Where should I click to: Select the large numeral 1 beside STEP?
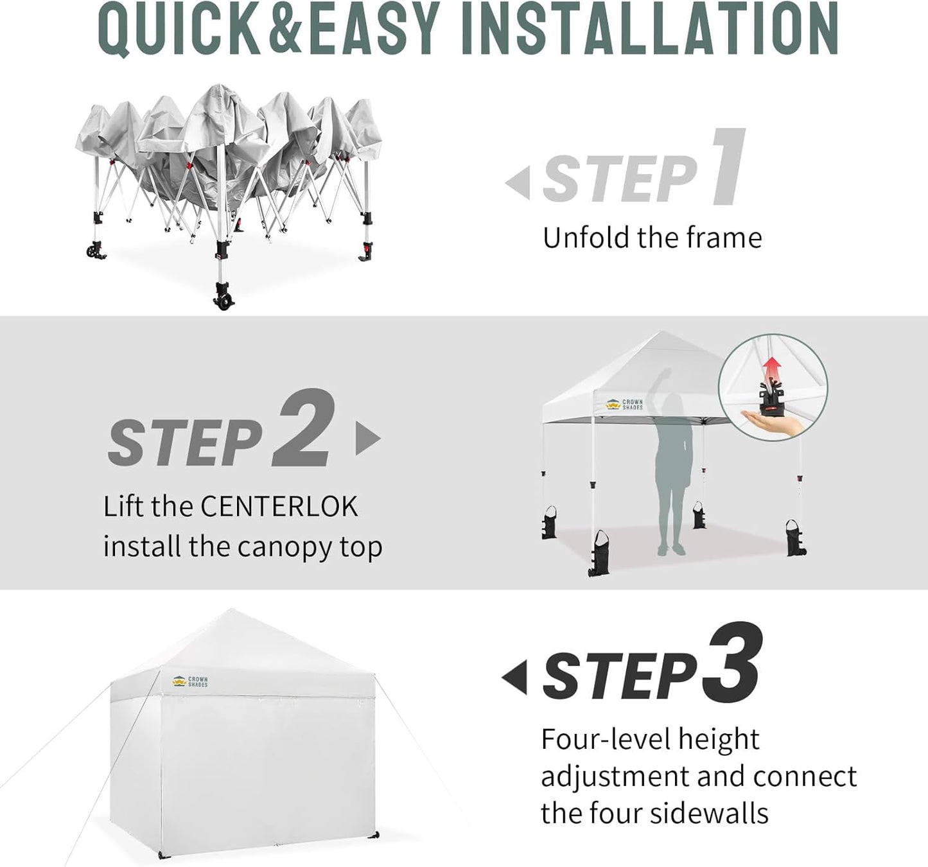(x=729, y=168)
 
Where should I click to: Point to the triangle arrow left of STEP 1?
(x=519, y=183)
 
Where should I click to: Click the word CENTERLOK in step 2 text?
(x=279, y=507)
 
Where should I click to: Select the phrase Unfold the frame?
(x=652, y=238)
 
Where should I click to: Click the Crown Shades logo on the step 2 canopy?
(x=624, y=405)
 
